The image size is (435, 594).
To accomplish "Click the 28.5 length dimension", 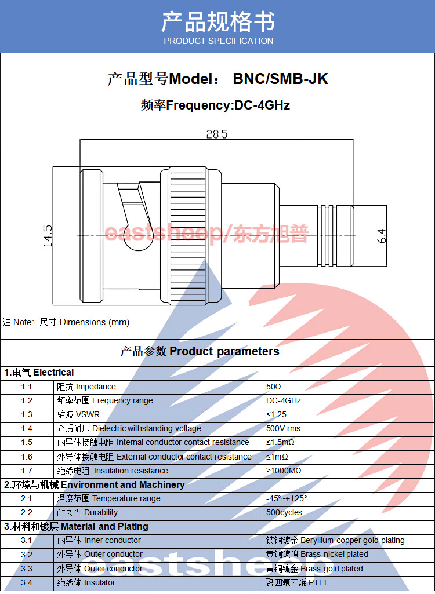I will (x=217, y=134).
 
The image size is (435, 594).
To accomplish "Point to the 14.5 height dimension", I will (x=48, y=236).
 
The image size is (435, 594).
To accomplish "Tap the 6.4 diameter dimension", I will (x=381, y=236).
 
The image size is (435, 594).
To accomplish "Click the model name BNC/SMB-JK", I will (x=280, y=79).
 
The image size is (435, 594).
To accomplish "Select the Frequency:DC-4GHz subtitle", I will (x=215, y=105).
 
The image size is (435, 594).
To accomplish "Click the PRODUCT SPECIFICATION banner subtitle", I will (x=218, y=41).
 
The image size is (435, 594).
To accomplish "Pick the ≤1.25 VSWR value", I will (x=277, y=414).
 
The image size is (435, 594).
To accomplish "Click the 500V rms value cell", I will (x=284, y=428).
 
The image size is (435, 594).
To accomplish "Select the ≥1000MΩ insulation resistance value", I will (x=284, y=471).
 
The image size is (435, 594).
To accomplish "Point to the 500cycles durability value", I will (x=284, y=512).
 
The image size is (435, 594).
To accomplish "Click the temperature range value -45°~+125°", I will (x=287, y=498).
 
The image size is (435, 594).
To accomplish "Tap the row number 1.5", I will (x=27, y=443).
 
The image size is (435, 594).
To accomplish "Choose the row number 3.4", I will (x=27, y=582).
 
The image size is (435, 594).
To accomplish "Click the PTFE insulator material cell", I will (x=298, y=582).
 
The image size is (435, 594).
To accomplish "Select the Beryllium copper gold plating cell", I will (x=335, y=540).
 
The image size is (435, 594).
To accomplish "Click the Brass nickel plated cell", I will (x=317, y=555).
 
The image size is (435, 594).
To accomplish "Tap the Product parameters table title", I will (x=200, y=351).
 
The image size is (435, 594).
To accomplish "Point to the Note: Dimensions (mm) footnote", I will (x=66, y=322).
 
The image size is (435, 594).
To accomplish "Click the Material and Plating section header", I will (x=77, y=526).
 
